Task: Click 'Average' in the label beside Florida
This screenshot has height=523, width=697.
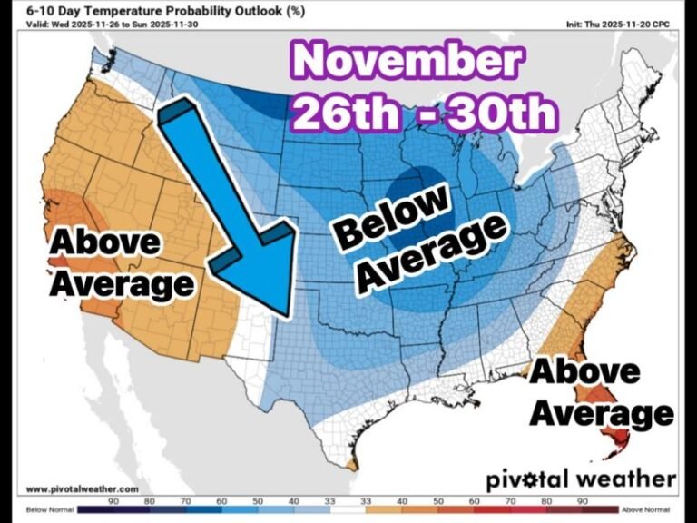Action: (x=602, y=413)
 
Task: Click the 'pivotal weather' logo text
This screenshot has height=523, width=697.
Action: (x=581, y=479)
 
